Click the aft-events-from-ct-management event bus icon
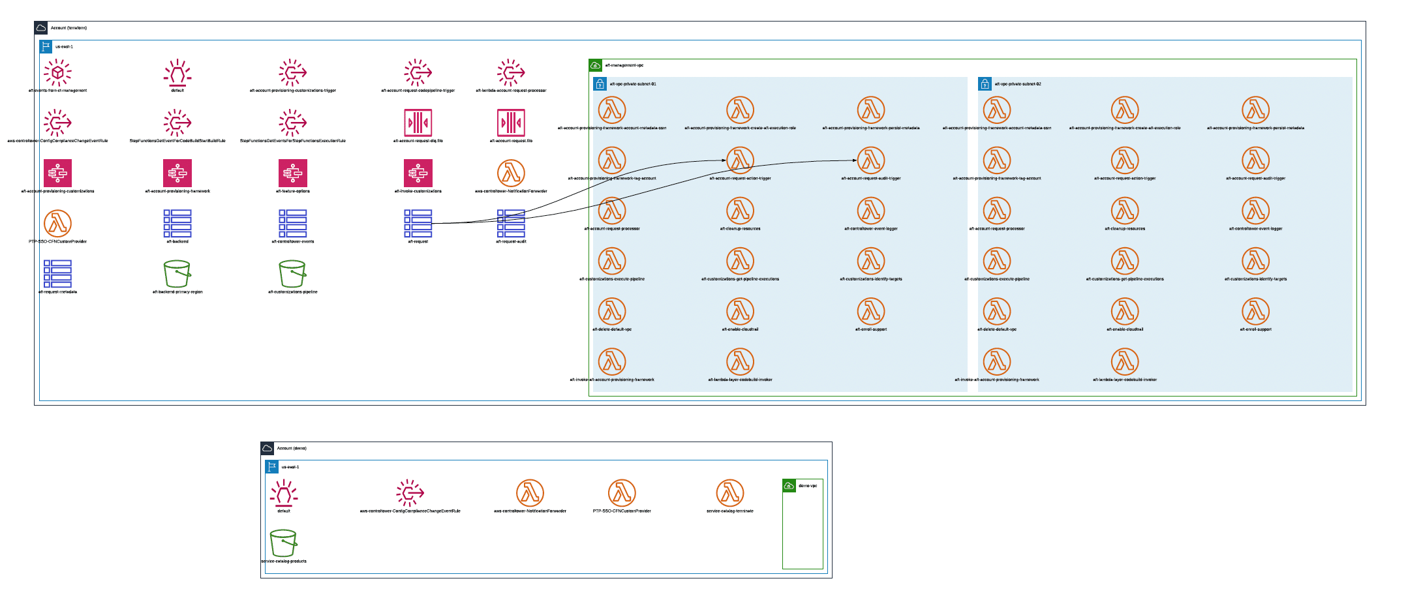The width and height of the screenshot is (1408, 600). (57, 72)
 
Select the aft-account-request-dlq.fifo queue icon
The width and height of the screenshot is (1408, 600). (418, 123)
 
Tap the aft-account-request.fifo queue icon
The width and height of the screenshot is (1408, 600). (511, 123)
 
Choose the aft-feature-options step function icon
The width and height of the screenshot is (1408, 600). (292, 173)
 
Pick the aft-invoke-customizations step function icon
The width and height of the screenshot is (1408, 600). (418, 173)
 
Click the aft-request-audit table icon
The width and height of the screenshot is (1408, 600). (511, 223)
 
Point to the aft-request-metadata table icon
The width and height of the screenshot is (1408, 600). (57, 274)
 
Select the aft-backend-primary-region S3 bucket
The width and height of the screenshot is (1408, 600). (177, 274)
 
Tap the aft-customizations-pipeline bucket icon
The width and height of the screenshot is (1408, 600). (292, 274)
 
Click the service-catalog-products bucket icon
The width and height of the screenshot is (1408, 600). (283, 543)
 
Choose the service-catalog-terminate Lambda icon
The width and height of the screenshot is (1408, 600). (729, 493)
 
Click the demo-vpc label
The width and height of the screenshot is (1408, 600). (808, 486)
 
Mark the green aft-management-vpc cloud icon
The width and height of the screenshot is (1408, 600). (595, 65)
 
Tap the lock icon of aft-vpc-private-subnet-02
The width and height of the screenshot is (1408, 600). (985, 83)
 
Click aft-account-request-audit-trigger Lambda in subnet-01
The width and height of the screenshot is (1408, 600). (870, 160)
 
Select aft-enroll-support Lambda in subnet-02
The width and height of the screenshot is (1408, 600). (1255, 311)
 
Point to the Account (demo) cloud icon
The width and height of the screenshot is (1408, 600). (267, 448)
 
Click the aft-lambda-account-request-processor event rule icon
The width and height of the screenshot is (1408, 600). (511, 72)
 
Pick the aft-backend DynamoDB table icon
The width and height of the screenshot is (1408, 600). (177, 223)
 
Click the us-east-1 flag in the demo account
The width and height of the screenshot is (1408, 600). (272, 467)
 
